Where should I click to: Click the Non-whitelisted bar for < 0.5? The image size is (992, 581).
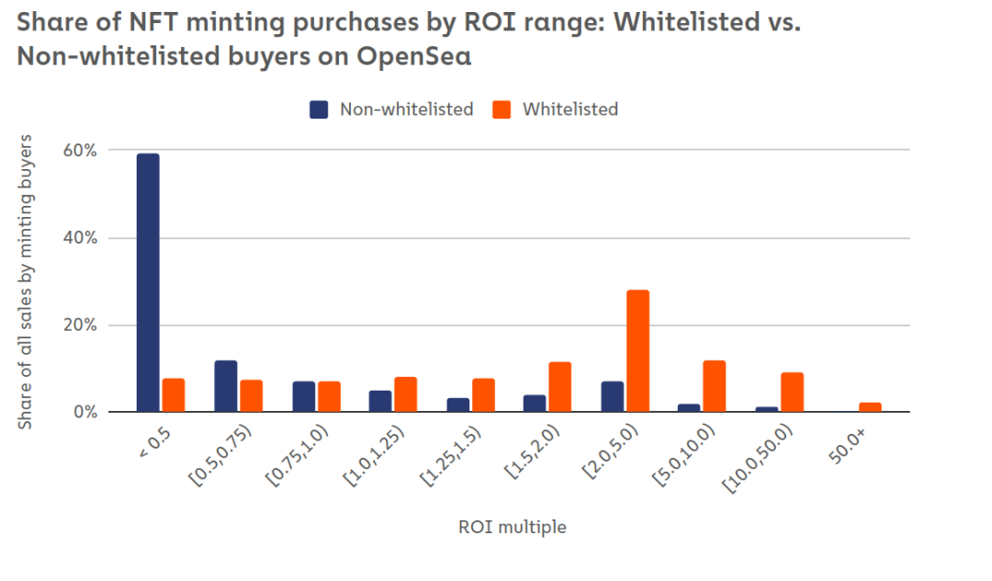coord(148,282)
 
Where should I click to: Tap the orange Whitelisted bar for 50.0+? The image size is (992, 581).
coord(870,407)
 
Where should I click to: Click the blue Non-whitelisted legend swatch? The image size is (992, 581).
coord(319,109)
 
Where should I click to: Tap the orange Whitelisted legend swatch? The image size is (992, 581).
coord(502,109)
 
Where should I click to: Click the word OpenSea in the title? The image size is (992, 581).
coord(414,57)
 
